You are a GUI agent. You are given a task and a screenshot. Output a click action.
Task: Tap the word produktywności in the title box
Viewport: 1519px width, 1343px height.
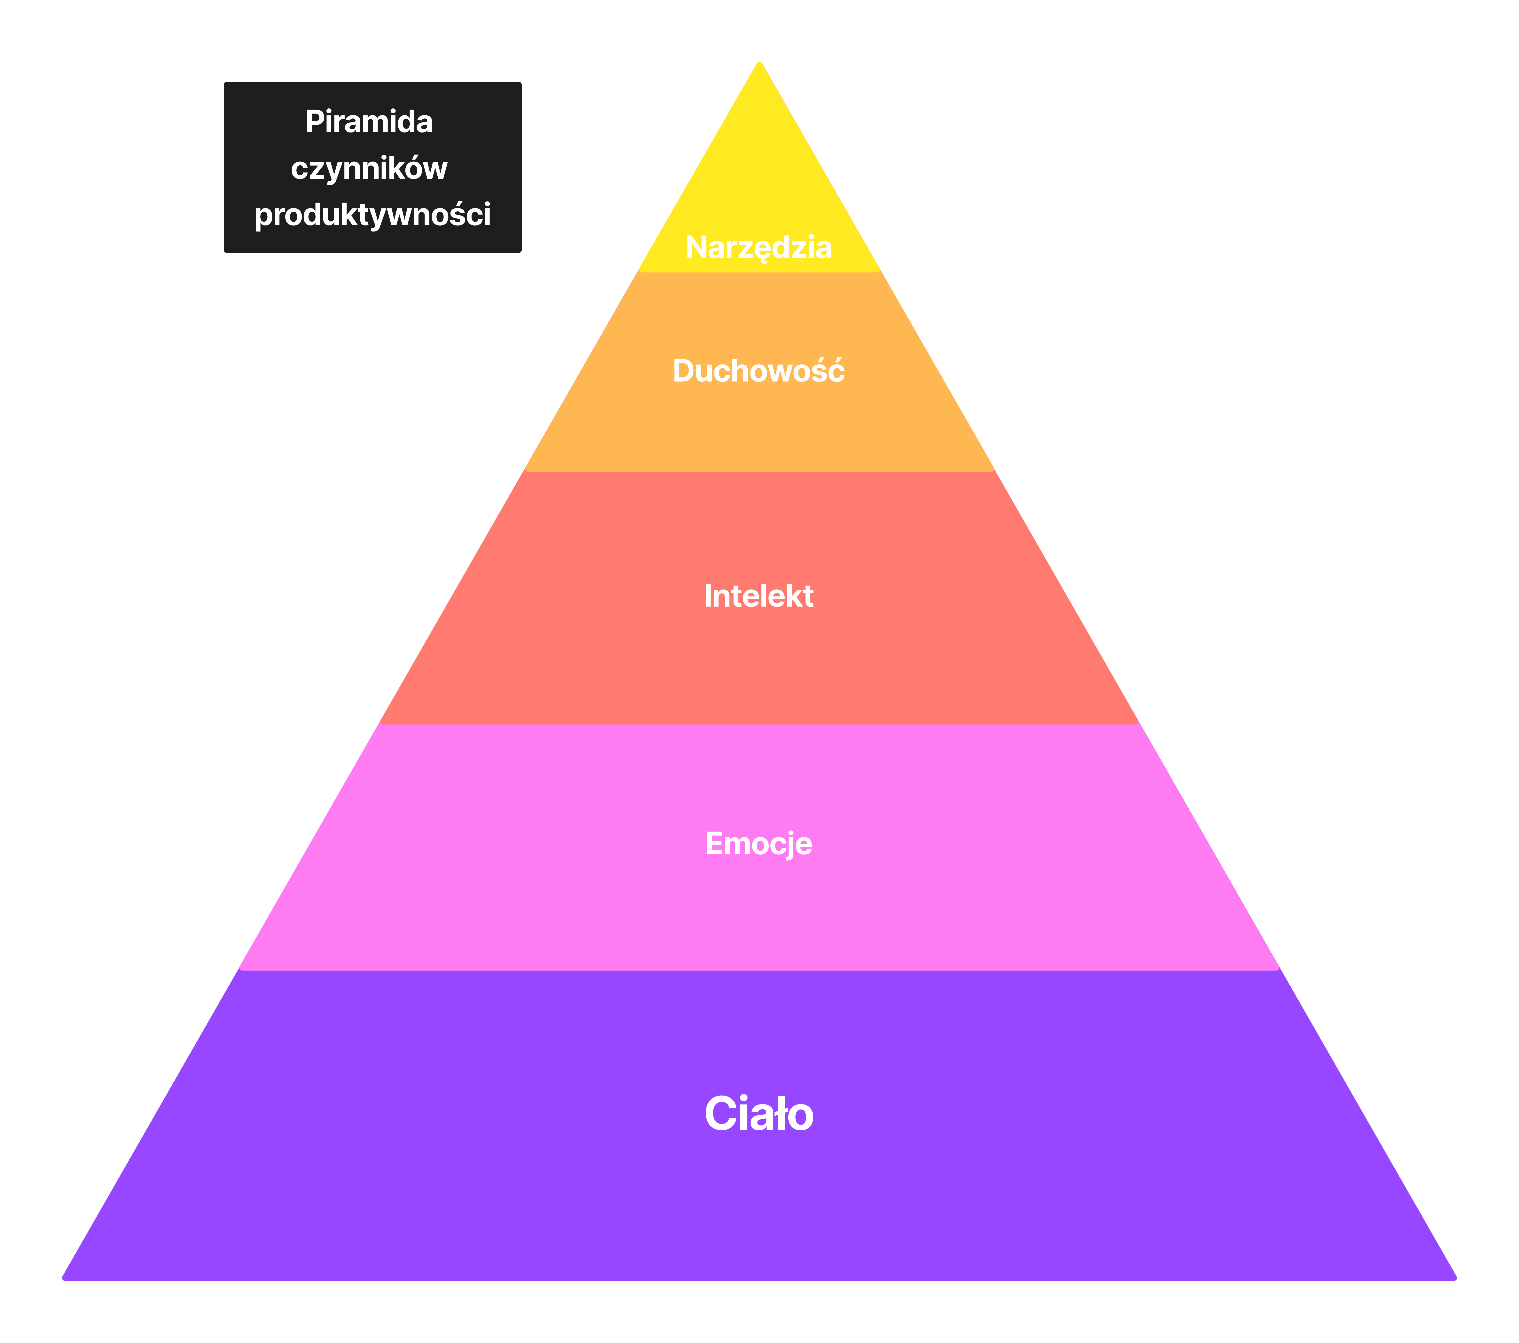click(x=372, y=215)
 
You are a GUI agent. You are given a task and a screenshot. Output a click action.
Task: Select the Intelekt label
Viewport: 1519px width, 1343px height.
click(x=759, y=596)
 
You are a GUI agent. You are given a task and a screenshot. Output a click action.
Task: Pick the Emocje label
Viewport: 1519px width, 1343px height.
click(x=759, y=844)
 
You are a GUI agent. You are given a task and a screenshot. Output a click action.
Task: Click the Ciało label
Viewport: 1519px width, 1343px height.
click(x=759, y=1114)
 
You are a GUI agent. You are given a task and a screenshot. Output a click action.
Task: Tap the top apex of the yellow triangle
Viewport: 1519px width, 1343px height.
click(x=759, y=62)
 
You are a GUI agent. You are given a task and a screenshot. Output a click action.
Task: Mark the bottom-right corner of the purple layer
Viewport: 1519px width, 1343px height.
click(x=1455, y=1278)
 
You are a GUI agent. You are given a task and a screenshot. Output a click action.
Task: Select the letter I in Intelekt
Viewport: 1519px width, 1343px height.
click(x=707, y=596)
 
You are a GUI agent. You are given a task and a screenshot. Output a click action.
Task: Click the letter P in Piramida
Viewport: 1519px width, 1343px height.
click(x=315, y=122)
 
